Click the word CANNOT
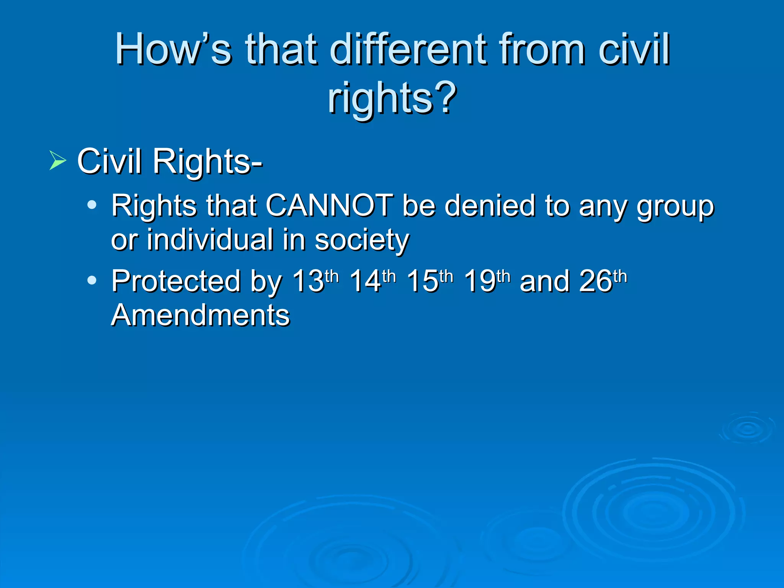tap(329, 206)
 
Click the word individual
tap(210, 240)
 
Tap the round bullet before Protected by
tap(92, 281)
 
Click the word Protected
tap(176, 281)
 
